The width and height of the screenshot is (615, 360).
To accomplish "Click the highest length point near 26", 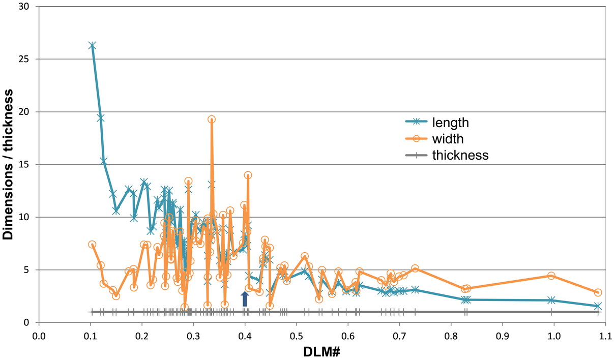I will pyautogui.click(x=92, y=46).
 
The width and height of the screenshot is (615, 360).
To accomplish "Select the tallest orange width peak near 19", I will pyautogui.click(x=212, y=119).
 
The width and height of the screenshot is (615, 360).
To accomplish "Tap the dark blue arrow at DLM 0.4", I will pyautogui.click(x=245, y=299).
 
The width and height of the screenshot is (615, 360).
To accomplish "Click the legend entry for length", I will pyautogui.click(x=450, y=123).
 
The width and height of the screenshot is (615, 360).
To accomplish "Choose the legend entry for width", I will pyautogui.click(x=448, y=139).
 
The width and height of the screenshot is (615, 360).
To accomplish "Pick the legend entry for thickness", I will pyautogui.click(x=460, y=156).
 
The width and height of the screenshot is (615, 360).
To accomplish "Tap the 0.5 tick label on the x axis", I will pyautogui.click(x=296, y=336).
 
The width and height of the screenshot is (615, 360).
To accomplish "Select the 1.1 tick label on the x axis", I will pyautogui.click(x=605, y=336).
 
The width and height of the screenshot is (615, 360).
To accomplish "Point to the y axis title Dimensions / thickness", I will pyautogui.click(x=9, y=164).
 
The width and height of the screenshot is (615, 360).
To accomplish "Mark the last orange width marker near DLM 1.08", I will pyautogui.click(x=598, y=292).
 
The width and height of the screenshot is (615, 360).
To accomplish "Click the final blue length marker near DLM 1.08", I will pyautogui.click(x=598, y=306).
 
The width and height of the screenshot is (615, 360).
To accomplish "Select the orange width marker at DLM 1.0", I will pyautogui.click(x=551, y=276).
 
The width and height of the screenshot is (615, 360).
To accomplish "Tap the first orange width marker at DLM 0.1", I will pyautogui.click(x=92, y=245).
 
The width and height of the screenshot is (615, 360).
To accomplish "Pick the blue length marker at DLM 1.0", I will pyautogui.click(x=551, y=300).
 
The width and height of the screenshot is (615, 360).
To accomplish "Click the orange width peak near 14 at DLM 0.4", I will pyautogui.click(x=248, y=175).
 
